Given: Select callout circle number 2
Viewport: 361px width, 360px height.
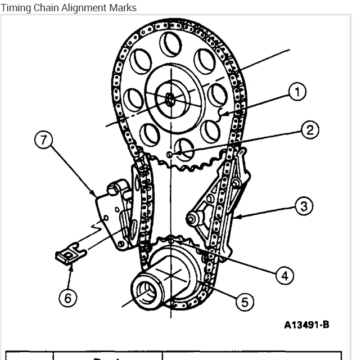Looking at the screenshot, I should coord(309,130).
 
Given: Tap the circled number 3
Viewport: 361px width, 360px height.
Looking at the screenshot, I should coord(304,206).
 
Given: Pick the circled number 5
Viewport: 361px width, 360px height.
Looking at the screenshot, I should coord(243,302).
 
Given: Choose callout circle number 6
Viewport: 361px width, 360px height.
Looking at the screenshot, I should coord(67,298).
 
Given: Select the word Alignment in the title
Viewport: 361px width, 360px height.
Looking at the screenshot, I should coord(83,8).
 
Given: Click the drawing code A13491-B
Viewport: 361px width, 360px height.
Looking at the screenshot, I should coord(306,325).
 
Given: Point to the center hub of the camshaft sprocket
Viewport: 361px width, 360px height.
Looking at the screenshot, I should coord(170,99).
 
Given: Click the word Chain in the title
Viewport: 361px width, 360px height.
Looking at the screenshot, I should coord(46,8).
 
